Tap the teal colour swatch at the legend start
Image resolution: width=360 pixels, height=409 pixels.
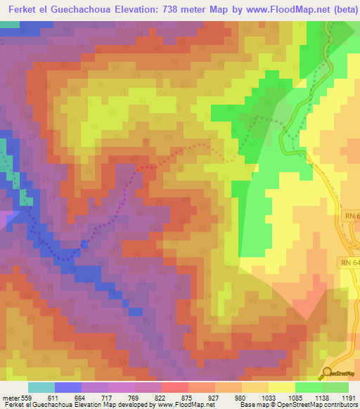click(x=41, y=387)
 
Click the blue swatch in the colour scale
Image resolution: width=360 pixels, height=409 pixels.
click(x=67, y=387)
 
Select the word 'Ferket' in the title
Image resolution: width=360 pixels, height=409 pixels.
click(x=21, y=10)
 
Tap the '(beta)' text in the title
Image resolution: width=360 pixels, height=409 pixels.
click(x=339, y=10)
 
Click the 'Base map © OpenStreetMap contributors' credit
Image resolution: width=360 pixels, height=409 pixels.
click(x=298, y=405)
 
